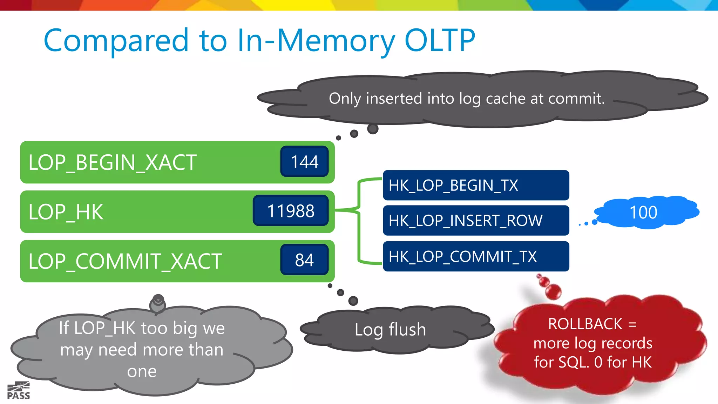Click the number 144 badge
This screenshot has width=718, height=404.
coord(304,161)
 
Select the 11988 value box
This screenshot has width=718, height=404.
coord(291,210)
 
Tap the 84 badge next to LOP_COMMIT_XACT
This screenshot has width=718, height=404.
coord(304,260)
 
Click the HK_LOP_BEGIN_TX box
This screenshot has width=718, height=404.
coord(476,185)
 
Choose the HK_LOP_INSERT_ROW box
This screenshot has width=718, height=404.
coord(476,220)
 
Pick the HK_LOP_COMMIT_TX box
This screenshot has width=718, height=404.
coord(476,256)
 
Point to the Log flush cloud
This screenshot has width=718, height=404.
coord(396,330)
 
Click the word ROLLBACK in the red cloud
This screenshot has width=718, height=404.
coord(585,324)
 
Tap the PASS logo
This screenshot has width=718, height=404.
coord(19,391)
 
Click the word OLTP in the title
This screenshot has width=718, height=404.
coord(440,40)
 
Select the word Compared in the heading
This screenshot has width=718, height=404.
coord(116,41)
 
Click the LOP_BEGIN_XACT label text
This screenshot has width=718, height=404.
coord(112,163)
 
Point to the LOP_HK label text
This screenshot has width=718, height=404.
coord(66,212)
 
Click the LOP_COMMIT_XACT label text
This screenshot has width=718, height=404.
coord(125,262)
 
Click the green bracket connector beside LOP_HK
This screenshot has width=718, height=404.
coord(358,210)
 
